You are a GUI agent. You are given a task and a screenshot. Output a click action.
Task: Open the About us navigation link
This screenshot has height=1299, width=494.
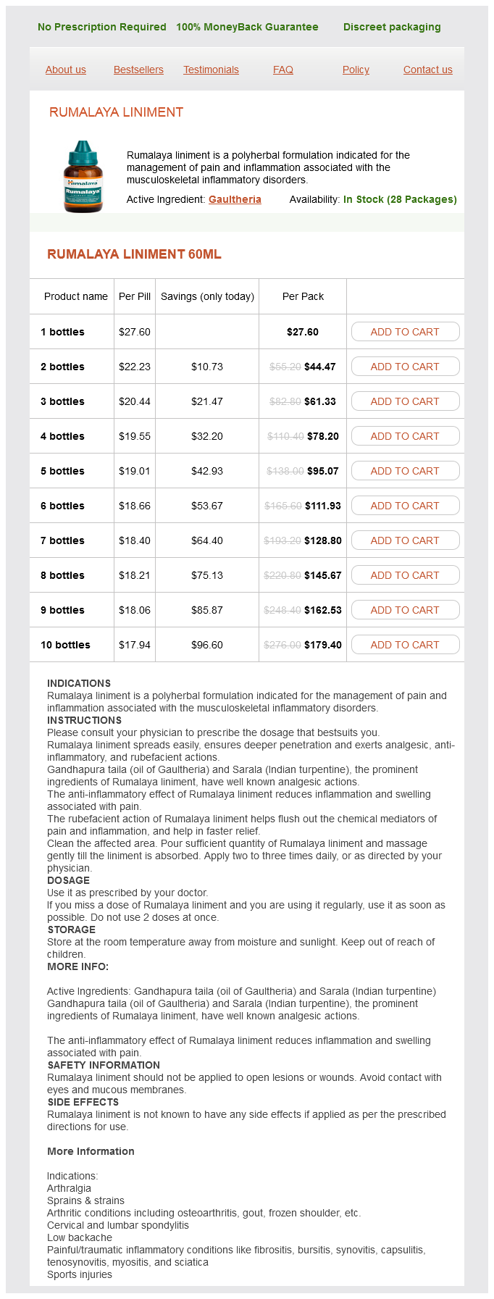point(66,70)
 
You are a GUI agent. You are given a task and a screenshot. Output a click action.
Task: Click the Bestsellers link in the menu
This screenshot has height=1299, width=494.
point(138,70)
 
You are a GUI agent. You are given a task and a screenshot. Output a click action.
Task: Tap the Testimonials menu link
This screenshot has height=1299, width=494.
point(211,70)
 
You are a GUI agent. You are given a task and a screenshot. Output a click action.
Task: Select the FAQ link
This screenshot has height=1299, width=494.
point(283,70)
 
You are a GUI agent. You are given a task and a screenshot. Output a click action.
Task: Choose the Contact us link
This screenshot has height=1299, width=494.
point(428,70)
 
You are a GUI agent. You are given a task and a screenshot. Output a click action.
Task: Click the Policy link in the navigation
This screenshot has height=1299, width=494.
point(356,70)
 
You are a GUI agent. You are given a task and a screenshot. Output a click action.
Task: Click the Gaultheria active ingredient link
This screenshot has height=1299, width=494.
point(235,199)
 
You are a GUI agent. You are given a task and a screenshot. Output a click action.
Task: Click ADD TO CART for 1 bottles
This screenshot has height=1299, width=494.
point(405,332)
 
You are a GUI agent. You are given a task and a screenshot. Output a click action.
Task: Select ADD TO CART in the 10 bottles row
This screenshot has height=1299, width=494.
point(405,645)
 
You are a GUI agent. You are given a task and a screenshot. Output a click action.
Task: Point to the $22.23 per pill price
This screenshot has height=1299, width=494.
point(135,367)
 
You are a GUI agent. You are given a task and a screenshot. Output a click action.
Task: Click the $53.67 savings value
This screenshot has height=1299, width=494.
point(207,506)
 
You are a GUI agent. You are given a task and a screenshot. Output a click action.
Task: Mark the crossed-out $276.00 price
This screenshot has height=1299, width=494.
point(282,645)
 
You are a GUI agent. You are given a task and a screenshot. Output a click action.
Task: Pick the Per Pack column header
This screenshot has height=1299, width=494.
point(303,296)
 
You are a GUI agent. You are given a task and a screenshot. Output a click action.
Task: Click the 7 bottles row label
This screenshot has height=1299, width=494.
point(62,540)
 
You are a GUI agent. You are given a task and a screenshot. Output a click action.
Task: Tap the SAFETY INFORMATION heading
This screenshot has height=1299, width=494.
point(104,1065)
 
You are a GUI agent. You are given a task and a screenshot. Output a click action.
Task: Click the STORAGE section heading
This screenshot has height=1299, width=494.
point(71,930)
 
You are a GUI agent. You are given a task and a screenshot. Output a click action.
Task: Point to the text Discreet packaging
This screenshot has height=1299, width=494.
point(392,27)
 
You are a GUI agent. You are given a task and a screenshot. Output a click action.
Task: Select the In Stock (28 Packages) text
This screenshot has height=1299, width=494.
point(400,199)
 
